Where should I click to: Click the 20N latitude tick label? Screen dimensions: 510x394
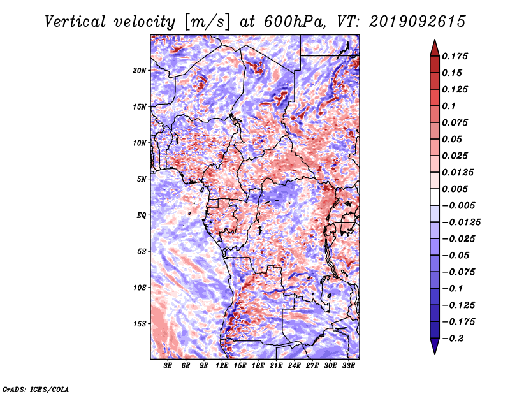[140, 71]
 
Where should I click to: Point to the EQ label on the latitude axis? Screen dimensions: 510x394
[142, 215]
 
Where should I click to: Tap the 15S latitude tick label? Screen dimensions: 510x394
[140, 324]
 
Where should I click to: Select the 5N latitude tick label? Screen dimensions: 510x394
[142, 179]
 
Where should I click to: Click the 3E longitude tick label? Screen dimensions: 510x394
[168, 365]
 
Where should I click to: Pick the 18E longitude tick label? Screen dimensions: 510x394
[258, 365]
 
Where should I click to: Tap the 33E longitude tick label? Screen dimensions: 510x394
[348, 365]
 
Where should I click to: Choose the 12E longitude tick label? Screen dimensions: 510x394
[222, 365]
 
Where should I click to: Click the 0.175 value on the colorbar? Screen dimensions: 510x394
[455, 56]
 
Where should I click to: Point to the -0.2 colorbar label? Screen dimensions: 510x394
[453, 339]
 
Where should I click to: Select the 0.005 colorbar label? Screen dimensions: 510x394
[455, 189]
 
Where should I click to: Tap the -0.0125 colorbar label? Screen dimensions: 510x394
[461, 223]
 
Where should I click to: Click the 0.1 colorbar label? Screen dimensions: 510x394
[449, 106]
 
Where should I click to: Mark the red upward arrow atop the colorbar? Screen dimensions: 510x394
[435, 48]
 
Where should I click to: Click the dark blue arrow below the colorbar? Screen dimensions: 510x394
[435, 346]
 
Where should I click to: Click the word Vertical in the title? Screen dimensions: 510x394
[75, 22]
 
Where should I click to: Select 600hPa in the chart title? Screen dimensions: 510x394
[295, 22]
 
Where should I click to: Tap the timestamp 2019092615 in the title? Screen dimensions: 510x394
[418, 22]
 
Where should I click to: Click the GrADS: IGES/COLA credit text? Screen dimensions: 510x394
[36, 389]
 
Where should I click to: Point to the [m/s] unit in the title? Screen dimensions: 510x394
[207, 22]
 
